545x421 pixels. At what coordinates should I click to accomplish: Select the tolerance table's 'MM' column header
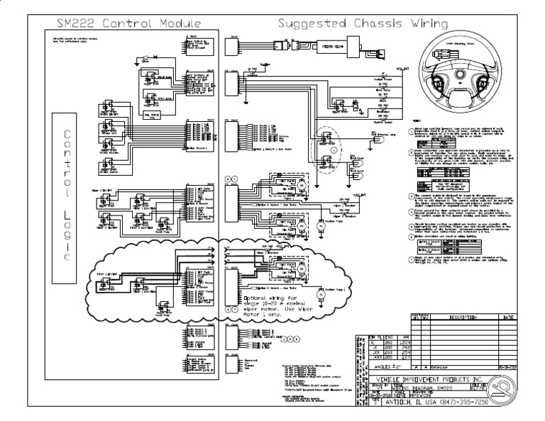406,337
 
